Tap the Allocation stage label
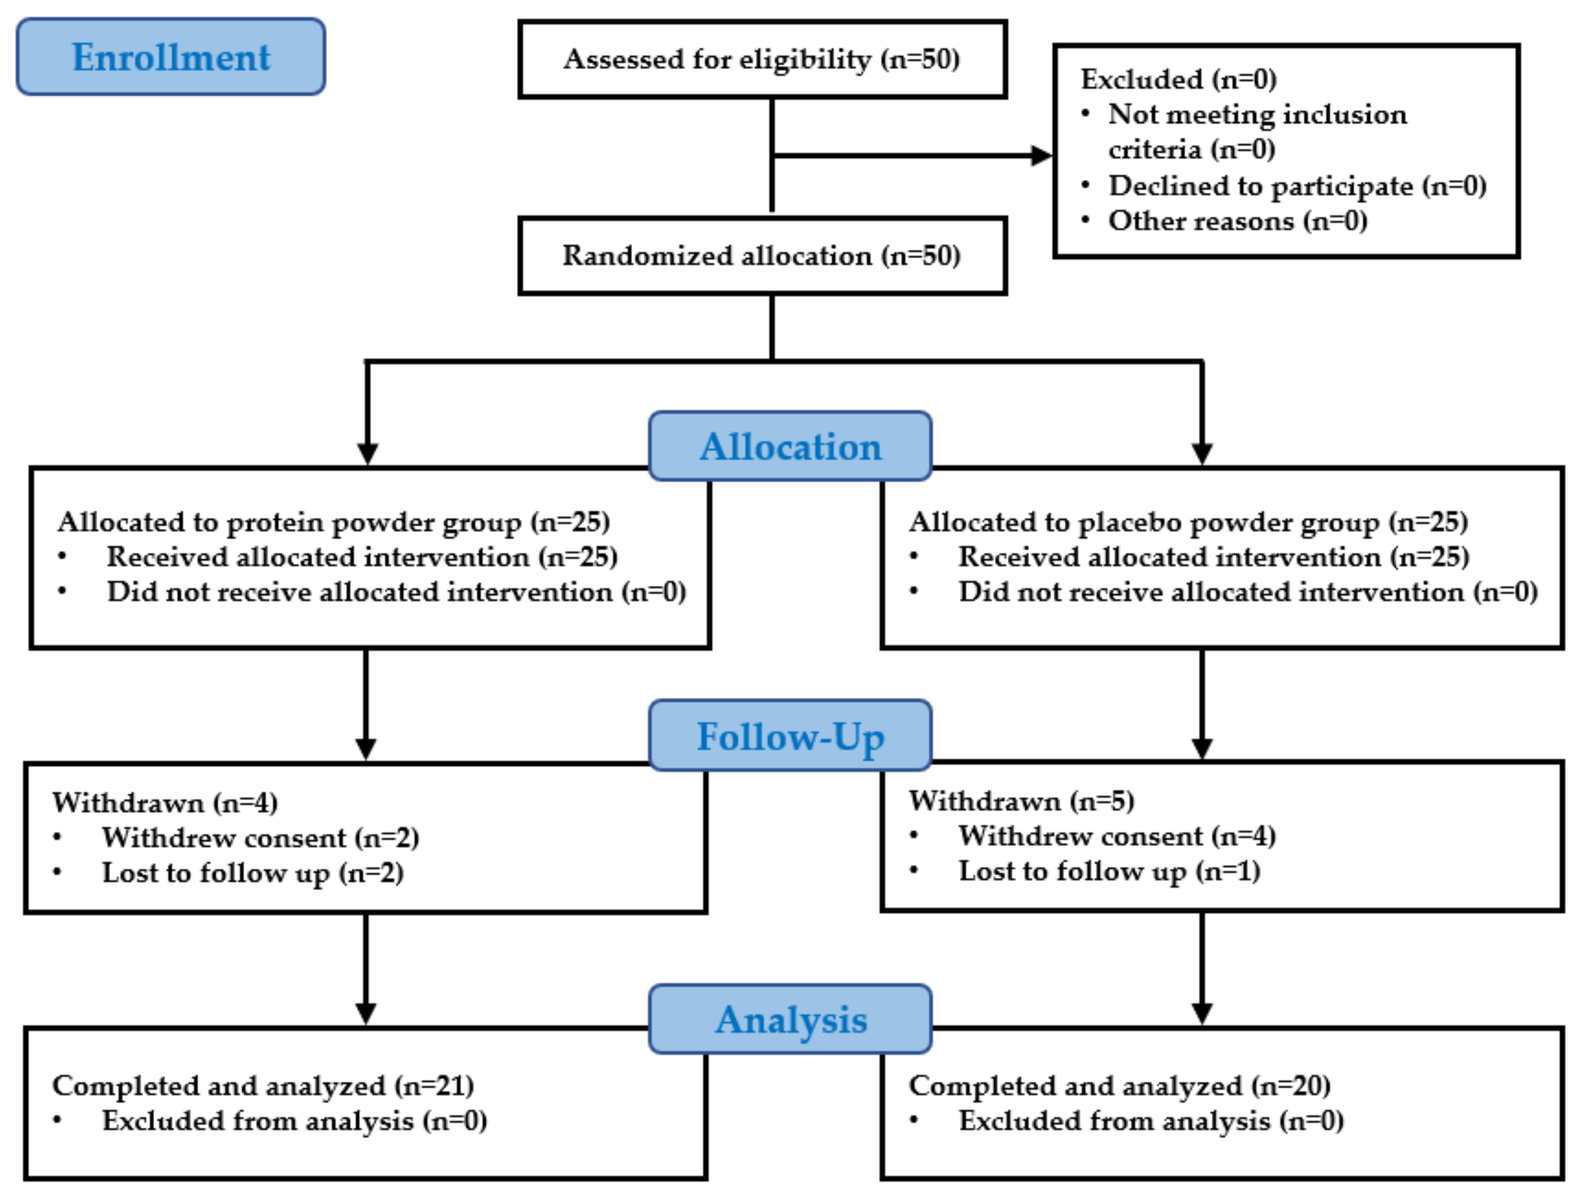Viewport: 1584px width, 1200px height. pyautogui.click(x=790, y=446)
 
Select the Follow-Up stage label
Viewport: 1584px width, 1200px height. pyautogui.click(x=790, y=736)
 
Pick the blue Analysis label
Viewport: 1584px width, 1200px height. pyautogui.click(x=791, y=1019)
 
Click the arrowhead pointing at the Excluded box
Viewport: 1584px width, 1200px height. pyautogui.click(x=1040, y=155)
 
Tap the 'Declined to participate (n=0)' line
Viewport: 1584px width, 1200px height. pyautogui.click(x=1297, y=186)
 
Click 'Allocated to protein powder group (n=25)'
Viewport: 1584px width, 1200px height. pyautogui.click(x=334, y=522)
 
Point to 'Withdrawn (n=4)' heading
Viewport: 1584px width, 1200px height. pyautogui.click(x=165, y=803)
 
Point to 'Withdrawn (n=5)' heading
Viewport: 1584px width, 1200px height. pyautogui.click(x=1021, y=801)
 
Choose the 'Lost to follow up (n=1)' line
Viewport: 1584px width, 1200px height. pyautogui.click(x=1109, y=871)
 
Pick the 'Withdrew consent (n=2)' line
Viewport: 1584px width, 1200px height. pyautogui.click(x=260, y=838)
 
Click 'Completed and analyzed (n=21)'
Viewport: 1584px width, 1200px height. pyautogui.click(x=263, y=1086)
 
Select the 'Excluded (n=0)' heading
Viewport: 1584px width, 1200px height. pyautogui.click(x=1178, y=79)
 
